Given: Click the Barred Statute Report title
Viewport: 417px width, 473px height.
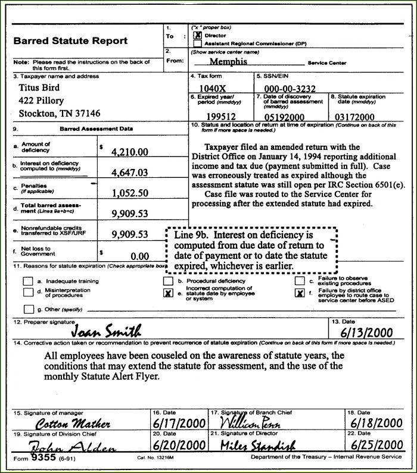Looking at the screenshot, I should point(71,41).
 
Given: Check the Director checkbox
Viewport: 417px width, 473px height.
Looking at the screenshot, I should point(197,36).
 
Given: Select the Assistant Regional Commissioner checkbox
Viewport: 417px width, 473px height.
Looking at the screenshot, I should point(197,43).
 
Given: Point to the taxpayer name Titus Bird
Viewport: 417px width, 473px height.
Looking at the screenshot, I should point(41,87).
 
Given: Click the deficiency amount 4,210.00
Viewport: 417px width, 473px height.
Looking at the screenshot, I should point(130,152).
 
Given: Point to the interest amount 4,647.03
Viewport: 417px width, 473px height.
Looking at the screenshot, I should point(130,173).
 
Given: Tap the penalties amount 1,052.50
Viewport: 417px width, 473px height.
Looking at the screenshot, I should point(130,193).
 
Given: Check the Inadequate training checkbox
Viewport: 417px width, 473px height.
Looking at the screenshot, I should point(28,281).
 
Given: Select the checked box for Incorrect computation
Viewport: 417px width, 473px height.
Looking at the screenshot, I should point(169,293).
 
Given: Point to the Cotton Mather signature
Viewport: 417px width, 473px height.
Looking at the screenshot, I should point(73,424).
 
